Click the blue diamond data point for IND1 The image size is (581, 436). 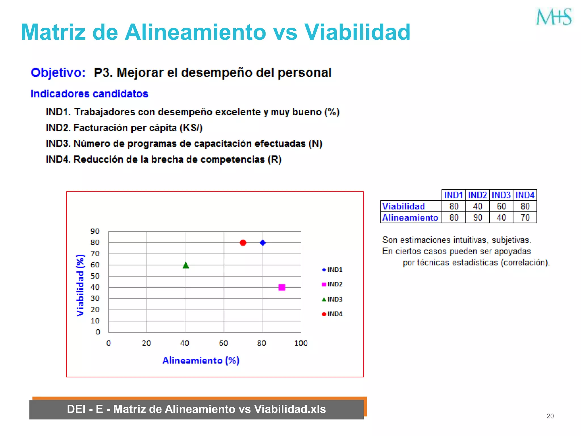pos(263,243)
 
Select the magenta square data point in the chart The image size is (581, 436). pos(282,288)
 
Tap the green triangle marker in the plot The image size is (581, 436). pos(186,265)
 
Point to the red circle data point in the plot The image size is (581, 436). pos(243,243)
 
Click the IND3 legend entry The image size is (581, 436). pos(332,299)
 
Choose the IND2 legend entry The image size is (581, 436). pos(332,284)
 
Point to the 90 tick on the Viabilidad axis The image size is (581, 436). pos(95,231)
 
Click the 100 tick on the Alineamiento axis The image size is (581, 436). pos(301,343)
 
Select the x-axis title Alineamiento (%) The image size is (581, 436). pos(201,360)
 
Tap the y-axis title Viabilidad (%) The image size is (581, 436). pos(81,285)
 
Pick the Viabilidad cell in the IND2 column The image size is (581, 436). pos(477,206)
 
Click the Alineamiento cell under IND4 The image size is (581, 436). pos(525,217)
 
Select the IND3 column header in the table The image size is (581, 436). pos(501,195)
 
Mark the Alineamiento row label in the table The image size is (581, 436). pos(410,217)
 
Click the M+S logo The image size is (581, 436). pos(554,17)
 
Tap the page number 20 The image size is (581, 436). pos(550,416)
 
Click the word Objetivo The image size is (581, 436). pos(58,73)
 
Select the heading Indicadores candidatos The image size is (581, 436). pos(89,94)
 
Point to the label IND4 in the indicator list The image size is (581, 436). pos(58,159)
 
